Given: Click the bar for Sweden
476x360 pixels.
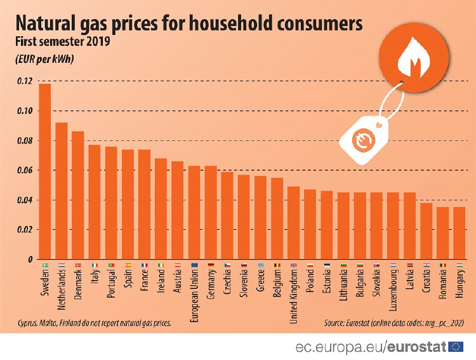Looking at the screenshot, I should pos(45,171).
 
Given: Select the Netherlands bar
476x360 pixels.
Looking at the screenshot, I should pos(62,190).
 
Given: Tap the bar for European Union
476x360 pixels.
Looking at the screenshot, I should pos(194,212).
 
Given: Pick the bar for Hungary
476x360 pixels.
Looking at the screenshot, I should pos(460,233).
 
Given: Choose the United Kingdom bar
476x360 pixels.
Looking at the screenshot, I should pos(293,223).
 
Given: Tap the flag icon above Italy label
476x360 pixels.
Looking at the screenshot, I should pos(95,265).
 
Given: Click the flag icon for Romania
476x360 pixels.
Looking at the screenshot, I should pos(443,265).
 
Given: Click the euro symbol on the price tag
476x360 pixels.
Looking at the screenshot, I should pos(364,142).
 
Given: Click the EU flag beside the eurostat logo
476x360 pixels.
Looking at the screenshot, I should pos(456,346).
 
